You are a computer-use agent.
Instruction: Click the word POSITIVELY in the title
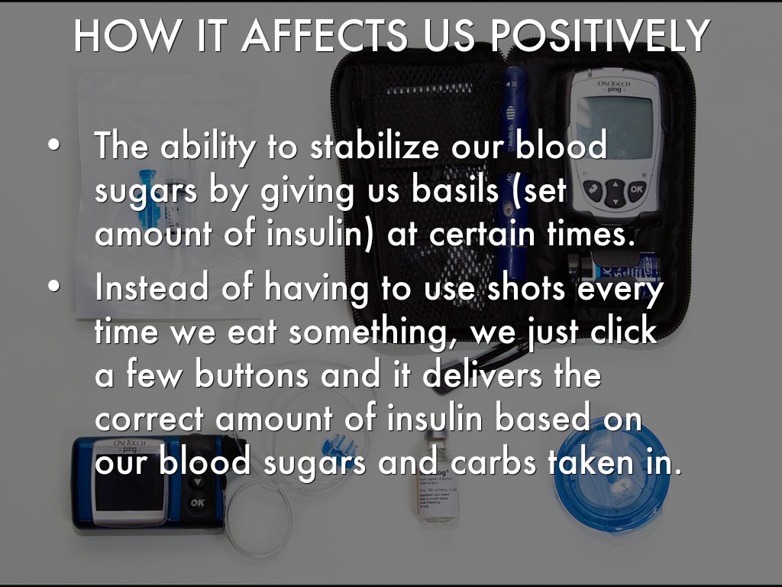pos(599,35)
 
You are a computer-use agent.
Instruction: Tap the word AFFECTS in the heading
pos(324,35)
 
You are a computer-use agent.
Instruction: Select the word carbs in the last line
pos(494,462)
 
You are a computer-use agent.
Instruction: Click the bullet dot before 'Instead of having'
pos(54,287)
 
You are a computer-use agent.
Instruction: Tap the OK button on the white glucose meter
pos(636,190)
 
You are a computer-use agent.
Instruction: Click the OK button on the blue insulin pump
pos(198,502)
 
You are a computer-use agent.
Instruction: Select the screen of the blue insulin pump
pos(131,491)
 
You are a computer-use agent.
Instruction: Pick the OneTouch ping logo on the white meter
pos(614,86)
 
